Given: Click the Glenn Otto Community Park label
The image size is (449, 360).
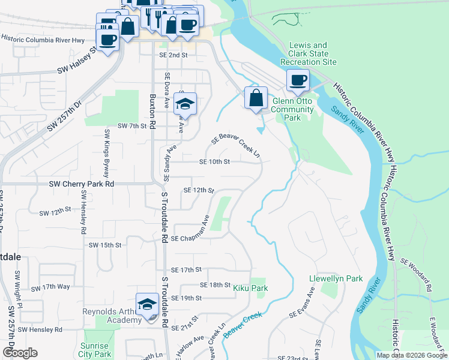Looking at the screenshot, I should pos(293,109).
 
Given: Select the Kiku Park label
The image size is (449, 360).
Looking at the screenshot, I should pos(250,289).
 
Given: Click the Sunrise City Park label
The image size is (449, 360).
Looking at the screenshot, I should pos(95,350).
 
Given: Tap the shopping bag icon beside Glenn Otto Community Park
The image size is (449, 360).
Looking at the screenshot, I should pos(256,97).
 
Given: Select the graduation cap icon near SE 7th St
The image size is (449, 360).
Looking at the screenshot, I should pos(185,104).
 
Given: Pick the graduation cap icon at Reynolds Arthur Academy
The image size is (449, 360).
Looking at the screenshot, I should pos(147,304).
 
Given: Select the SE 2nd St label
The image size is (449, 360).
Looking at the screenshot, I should pos(173,55).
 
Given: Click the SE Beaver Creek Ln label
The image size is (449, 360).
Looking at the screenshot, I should pos(236,146).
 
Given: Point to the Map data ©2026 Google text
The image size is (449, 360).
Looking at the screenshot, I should pos(412,355).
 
